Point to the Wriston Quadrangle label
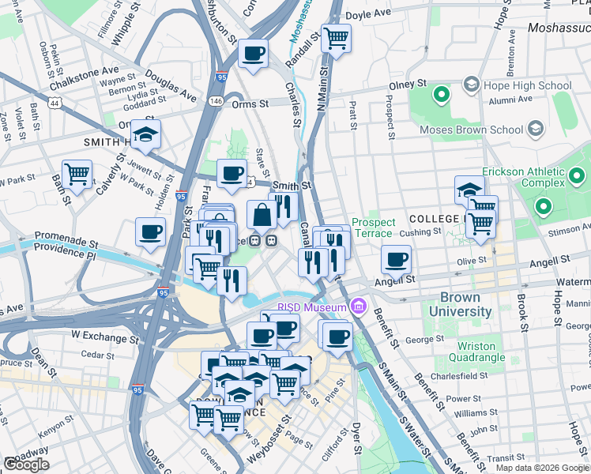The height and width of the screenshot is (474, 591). pyautogui.click(x=476, y=352)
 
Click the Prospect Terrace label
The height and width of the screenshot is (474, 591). pyautogui.click(x=372, y=228)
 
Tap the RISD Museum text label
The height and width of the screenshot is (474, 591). pyautogui.click(x=311, y=307)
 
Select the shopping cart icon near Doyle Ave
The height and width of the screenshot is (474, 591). pyautogui.click(x=336, y=37)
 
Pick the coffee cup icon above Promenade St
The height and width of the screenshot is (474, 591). pyautogui.click(x=150, y=232)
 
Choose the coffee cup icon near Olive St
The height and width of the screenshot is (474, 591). pyautogui.click(x=397, y=259)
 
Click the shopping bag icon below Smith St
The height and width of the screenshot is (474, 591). pyautogui.click(x=262, y=214)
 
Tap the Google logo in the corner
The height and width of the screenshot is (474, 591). pyautogui.click(x=27, y=465)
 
